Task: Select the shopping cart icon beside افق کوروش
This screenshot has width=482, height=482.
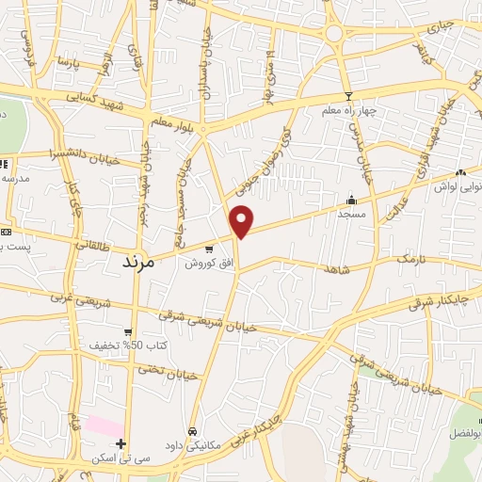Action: (x=209, y=249)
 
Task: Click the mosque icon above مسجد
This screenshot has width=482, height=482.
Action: (x=351, y=199)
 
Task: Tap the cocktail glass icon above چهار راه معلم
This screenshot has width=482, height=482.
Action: (x=348, y=96)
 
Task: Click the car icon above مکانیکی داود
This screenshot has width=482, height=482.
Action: (x=192, y=431)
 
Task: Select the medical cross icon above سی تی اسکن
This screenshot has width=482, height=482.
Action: (x=120, y=442)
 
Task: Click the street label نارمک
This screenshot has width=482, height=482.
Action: (x=410, y=257)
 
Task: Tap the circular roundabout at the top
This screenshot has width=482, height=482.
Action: (x=334, y=33)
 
